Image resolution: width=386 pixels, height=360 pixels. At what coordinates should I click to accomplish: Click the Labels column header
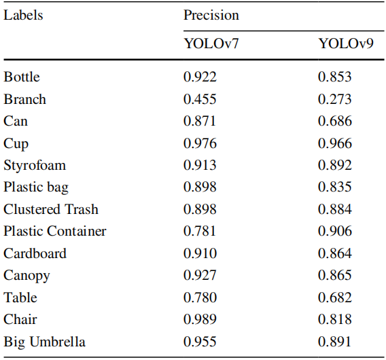tap(23, 15)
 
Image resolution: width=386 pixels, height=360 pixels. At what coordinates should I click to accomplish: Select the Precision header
tap(211, 15)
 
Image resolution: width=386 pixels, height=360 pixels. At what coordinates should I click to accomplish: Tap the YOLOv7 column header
tap(211, 43)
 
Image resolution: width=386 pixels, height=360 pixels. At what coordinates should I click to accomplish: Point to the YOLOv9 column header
tap(346, 43)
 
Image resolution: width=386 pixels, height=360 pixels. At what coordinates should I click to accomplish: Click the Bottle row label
tap(22, 77)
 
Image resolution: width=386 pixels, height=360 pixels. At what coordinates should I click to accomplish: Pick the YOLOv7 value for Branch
tap(200, 99)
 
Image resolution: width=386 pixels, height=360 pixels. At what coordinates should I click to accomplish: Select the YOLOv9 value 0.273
tap(334, 99)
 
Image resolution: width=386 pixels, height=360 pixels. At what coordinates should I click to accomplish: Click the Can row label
tap(16, 121)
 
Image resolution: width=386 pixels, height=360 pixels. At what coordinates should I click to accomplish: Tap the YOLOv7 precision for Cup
tap(200, 143)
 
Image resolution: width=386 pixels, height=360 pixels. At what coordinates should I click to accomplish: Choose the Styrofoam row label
tap(35, 165)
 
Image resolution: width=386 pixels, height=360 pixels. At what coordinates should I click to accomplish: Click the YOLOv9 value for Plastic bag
tap(334, 187)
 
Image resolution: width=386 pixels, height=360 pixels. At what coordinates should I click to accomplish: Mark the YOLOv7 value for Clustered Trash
tap(200, 209)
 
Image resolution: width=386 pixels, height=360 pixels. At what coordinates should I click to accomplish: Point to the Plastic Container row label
tap(55, 231)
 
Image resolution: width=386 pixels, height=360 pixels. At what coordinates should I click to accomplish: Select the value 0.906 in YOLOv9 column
tap(335, 231)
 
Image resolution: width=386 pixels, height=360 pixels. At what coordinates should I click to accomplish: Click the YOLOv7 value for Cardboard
tap(200, 253)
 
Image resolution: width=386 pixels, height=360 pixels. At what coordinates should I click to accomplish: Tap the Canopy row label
tap(27, 276)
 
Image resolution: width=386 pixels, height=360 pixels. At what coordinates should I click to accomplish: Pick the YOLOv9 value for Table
tap(335, 298)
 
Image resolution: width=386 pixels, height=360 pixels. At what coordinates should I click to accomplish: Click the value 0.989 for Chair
tap(200, 319)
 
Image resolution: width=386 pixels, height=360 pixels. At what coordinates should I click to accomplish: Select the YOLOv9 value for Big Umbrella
tap(334, 342)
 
